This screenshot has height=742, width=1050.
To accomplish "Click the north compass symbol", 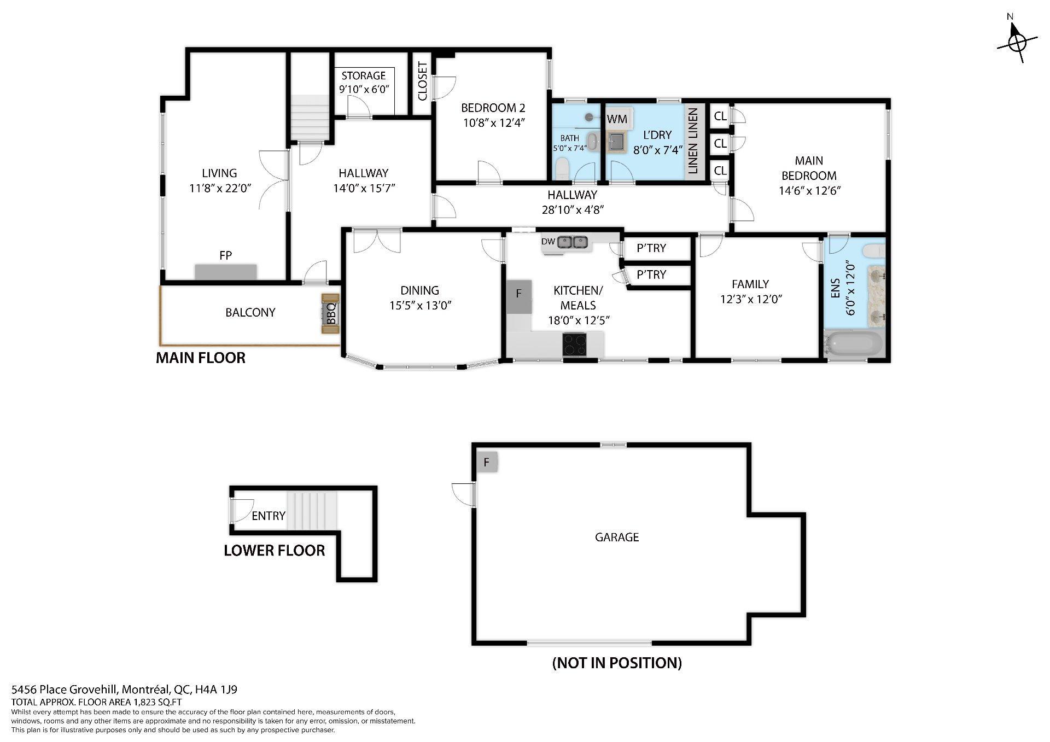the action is pos(1017,44).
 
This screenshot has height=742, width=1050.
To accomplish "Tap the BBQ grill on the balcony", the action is pos(330,313).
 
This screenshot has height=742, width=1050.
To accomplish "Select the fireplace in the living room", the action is pos(225,272).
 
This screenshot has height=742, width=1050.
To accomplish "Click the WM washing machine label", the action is pos(617,119).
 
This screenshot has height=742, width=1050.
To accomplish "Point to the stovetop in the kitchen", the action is pos(575,344).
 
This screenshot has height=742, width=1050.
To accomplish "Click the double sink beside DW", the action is pos(573,242).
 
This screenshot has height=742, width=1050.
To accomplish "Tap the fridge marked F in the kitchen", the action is pos(519,297).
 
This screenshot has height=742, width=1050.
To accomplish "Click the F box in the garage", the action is pos(487,463).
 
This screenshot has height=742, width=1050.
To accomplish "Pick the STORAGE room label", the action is pos(364,75).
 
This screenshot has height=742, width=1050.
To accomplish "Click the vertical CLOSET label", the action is pos(422,81).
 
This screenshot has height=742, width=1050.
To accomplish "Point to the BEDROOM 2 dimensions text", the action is pos(494,122).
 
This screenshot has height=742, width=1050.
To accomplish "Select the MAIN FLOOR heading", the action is pos(201,358).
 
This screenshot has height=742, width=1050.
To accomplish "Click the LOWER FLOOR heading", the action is pos(275,551).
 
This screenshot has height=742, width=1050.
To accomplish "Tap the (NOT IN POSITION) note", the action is pos(617,663).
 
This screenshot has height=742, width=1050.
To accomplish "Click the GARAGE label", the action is pos(617,537).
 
